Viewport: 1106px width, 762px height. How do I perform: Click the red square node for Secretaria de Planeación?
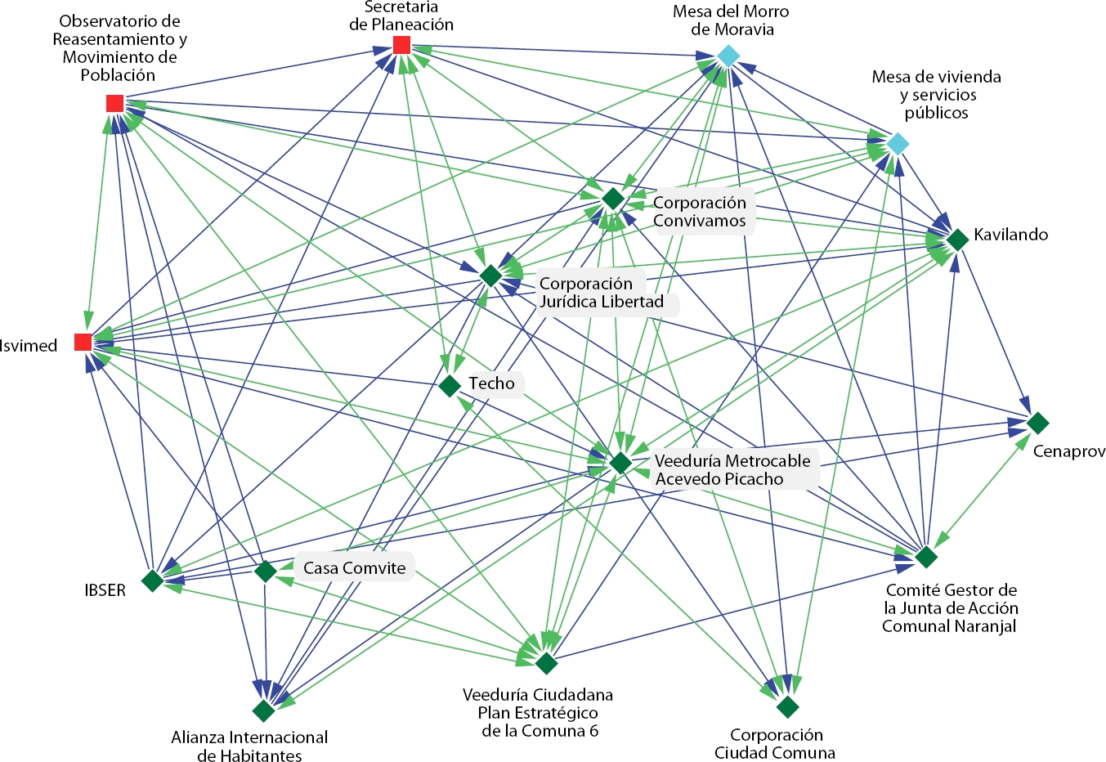pyautogui.click(x=401, y=45)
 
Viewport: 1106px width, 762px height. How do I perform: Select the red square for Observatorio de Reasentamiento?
pyautogui.click(x=114, y=103)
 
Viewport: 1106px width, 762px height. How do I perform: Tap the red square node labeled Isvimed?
pyautogui.click(x=83, y=342)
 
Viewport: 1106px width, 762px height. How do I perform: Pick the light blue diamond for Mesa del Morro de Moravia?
pyautogui.click(x=728, y=56)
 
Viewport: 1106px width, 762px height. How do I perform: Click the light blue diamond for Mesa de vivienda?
pyautogui.click(x=898, y=145)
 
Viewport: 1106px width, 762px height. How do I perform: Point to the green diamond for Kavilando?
pyautogui.click(x=957, y=240)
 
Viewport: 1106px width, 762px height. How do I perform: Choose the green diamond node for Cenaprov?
pyautogui.click(x=1037, y=423)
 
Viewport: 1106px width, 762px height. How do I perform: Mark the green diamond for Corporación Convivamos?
pyautogui.click(x=613, y=199)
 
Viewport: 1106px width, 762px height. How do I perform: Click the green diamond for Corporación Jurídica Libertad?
pyautogui.click(x=490, y=276)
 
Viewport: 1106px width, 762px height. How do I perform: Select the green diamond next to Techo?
pyautogui.click(x=450, y=386)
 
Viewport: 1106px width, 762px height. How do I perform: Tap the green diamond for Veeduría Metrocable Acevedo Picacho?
pyautogui.click(x=620, y=463)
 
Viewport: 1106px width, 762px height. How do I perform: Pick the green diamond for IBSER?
pyautogui.click(x=152, y=580)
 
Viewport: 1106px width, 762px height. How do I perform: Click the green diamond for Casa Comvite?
pyautogui.click(x=265, y=571)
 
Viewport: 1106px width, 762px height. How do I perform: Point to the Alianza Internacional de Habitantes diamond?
pyautogui.click(x=263, y=711)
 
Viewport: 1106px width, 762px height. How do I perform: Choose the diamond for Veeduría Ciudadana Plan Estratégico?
pyautogui.click(x=546, y=663)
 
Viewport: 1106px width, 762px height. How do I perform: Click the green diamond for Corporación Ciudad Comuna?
pyautogui.click(x=787, y=706)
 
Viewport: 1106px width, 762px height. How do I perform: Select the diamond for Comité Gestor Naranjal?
pyautogui.click(x=925, y=557)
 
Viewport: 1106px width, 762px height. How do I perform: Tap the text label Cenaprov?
pyautogui.click(x=1069, y=451)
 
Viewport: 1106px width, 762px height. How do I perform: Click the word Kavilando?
pyautogui.click(x=1010, y=235)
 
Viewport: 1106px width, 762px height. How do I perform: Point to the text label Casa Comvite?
pyautogui.click(x=354, y=568)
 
